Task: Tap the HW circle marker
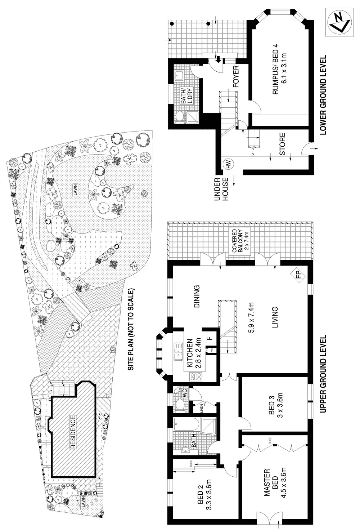[x=228, y=164]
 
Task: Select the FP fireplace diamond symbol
[x=298, y=276]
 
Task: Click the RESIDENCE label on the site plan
[x=73, y=432]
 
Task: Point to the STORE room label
[x=283, y=144]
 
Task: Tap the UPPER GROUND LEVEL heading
[x=323, y=374]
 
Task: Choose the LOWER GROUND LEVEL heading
[x=323, y=95]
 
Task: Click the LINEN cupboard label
[x=201, y=408]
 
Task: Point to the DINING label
[x=197, y=297]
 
